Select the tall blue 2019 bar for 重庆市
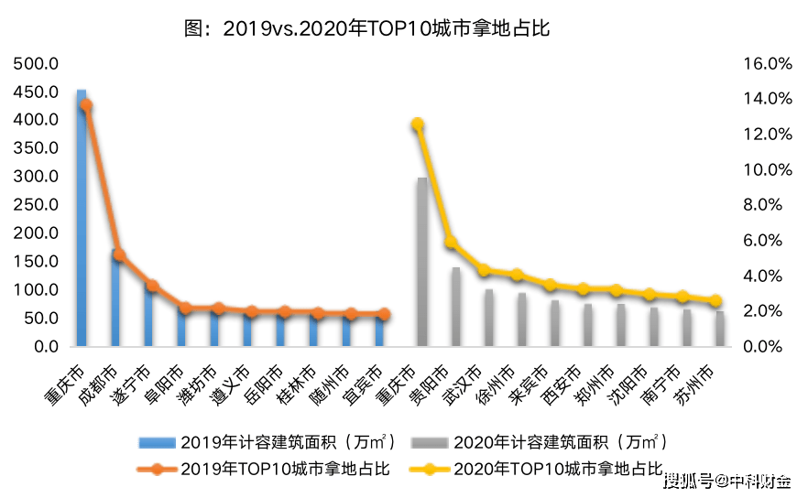(82, 220)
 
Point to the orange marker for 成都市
(119, 255)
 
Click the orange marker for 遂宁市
(152, 287)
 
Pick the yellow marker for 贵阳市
(450, 243)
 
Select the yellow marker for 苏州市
(715, 300)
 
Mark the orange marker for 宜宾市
(384, 314)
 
